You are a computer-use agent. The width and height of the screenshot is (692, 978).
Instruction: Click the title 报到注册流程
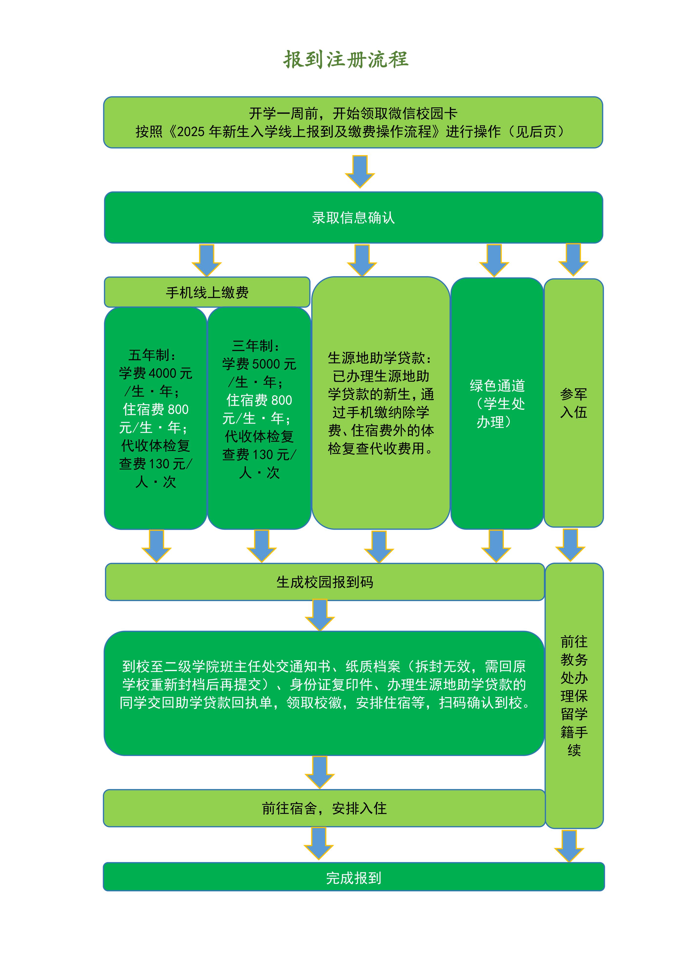(346, 59)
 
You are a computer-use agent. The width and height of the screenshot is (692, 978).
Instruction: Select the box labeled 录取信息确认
(353, 218)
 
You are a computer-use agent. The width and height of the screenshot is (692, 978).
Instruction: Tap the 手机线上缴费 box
(207, 292)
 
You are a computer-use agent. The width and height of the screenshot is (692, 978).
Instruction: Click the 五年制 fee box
(155, 418)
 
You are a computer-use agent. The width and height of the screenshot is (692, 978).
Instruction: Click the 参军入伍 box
(574, 403)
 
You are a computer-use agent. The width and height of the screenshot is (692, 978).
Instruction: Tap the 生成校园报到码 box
(325, 582)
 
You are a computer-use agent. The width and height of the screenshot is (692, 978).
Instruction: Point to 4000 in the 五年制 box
(162, 373)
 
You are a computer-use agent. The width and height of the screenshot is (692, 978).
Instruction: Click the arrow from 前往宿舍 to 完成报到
(319, 843)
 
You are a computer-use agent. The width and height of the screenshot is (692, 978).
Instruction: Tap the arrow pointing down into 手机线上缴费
(207, 259)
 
